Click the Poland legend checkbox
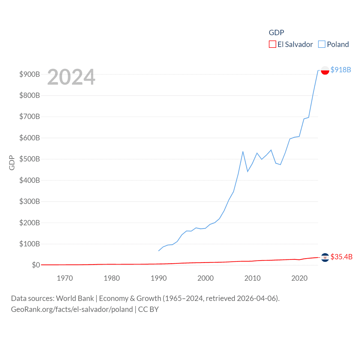pos(322,44)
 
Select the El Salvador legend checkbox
pos(273,44)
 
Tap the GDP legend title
pos(276,33)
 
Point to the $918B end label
pos(341,70)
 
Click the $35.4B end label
pos(341,257)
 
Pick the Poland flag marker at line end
pos(325,70)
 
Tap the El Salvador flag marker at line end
pos(325,257)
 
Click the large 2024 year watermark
pos(71,77)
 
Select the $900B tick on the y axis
pos(30,74)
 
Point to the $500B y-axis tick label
pos(30,159)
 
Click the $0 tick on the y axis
pos(36,265)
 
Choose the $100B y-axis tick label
pos(30,244)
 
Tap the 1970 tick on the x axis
pos(65,278)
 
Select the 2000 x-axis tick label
pos(206,278)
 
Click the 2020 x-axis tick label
pos(300,278)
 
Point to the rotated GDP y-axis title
pos(12,163)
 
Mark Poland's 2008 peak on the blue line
pos(243,152)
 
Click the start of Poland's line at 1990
pos(159,251)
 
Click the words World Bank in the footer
pos(75,298)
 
